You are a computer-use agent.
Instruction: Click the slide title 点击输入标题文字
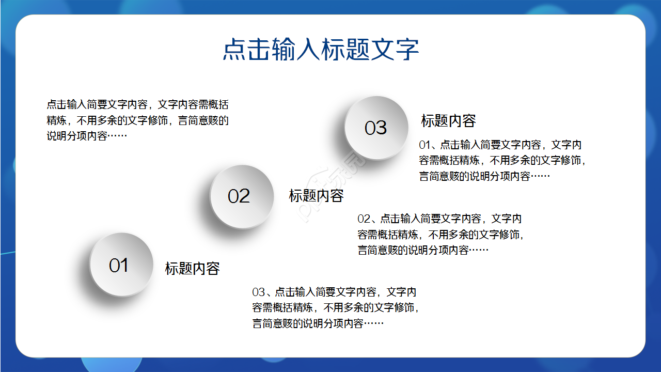click(x=321, y=50)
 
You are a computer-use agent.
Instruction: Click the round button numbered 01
click(x=121, y=265)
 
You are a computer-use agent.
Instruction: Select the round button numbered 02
click(x=242, y=196)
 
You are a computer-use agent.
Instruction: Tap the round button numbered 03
click(x=376, y=128)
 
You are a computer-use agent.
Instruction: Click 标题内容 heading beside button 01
click(x=192, y=268)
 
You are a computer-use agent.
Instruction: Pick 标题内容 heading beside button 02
click(x=316, y=196)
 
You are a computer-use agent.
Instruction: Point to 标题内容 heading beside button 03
click(x=448, y=121)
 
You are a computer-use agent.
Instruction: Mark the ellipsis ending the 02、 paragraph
click(x=479, y=250)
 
